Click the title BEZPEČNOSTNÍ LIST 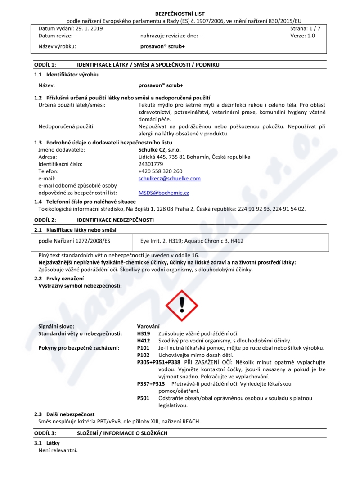coord(180,14)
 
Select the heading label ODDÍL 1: coord(45,65)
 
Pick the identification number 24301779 coord(150,164)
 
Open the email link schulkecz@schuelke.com coord(170,179)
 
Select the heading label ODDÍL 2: coord(45,220)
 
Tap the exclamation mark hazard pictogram coord(182,305)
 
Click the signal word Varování coord(148,326)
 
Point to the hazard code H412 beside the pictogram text coord(143,341)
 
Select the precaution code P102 coord(143,355)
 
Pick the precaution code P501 coord(143,398)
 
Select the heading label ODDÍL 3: coord(45,432)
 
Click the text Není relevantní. coord(58,450)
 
